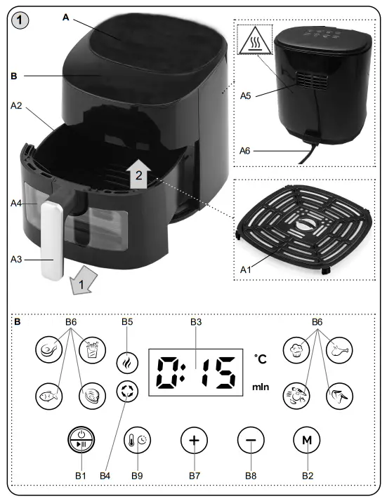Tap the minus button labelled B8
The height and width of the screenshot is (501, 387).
tap(250, 441)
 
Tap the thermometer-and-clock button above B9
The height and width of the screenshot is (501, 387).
tap(137, 441)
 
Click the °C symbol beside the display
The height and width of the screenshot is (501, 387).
tap(261, 359)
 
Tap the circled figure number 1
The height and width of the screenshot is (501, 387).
tap(21, 22)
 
